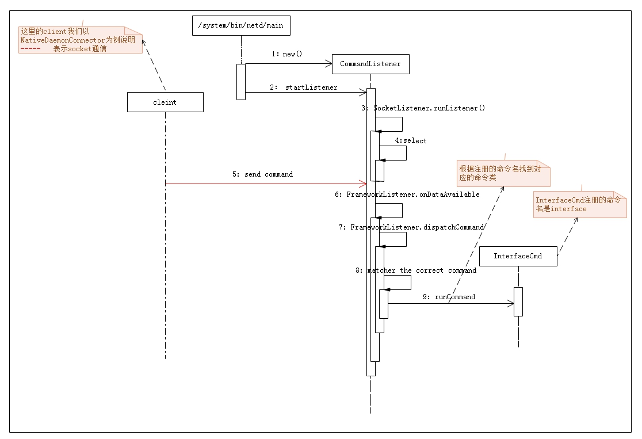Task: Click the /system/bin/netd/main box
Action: coord(240,26)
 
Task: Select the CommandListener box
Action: coord(370,64)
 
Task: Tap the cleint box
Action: coord(165,102)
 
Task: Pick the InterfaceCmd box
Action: coord(518,256)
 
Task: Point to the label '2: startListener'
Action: coord(303,87)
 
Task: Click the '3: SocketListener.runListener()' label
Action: coord(423,108)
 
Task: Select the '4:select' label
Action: coord(411,140)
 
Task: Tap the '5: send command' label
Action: coord(262,174)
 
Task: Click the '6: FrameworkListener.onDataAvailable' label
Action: coord(407,195)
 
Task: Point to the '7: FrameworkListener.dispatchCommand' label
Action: coord(411,227)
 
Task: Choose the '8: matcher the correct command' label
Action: coord(415,270)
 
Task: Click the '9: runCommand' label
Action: coord(449,297)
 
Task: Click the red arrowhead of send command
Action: coord(363,184)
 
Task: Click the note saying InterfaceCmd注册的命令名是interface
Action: coord(578,204)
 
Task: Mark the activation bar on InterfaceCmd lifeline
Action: coord(518,301)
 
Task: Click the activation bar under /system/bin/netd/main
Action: coord(240,81)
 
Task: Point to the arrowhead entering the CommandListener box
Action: coord(328,64)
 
